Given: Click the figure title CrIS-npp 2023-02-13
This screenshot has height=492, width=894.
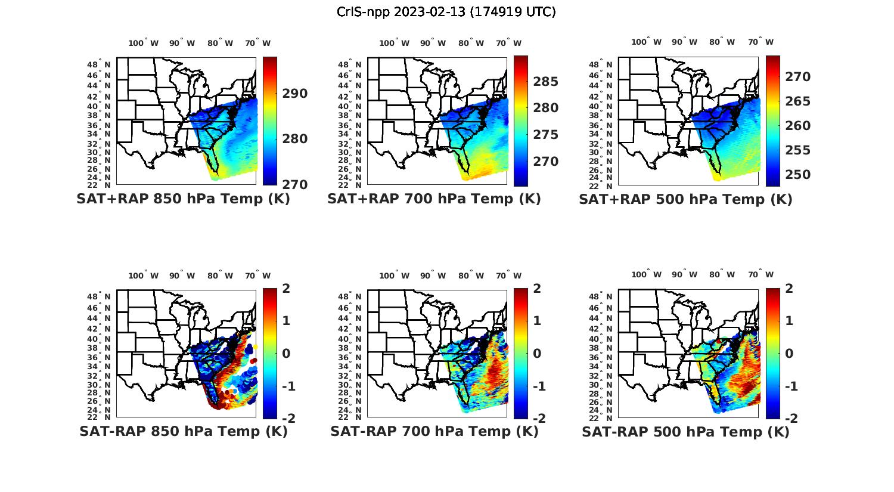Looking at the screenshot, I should pyautogui.click(x=446, y=11).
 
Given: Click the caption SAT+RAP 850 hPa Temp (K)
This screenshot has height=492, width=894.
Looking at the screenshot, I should pyautogui.click(x=183, y=199).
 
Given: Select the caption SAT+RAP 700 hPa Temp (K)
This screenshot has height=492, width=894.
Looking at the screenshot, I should pyautogui.click(x=434, y=199).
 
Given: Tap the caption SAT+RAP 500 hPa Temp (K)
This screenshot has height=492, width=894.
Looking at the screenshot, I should pyautogui.click(x=685, y=199).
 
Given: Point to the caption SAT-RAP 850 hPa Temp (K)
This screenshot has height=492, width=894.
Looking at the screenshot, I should pyautogui.click(x=183, y=431).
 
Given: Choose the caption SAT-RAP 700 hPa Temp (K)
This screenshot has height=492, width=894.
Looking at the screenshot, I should pyautogui.click(x=434, y=431).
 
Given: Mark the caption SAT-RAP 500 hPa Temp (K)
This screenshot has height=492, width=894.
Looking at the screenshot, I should pyautogui.click(x=685, y=431).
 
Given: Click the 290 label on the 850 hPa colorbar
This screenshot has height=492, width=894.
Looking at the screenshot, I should pyautogui.click(x=296, y=94).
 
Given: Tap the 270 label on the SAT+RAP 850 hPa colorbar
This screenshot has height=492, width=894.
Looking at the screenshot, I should pyautogui.click(x=296, y=185).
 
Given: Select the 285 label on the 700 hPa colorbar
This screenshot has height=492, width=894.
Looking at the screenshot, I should pyautogui.click(x=546, y=82).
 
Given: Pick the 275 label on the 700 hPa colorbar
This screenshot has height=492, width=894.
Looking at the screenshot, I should pyautogui.click(x=546, y=135).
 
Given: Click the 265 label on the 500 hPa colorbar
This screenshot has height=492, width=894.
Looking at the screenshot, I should pyautogui.click(x=797, y=101).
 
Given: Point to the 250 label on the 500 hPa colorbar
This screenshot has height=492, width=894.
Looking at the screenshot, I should pyautogui.click(x=797, y=175).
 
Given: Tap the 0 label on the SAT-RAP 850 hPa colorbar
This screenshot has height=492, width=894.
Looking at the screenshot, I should pyautogui.click(x=286, y=353).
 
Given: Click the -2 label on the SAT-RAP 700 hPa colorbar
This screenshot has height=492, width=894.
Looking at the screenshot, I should pyautogui.click(x=538, y=419).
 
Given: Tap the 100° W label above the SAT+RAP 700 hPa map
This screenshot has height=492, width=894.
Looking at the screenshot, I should pyautogui.click(x=394, y=43).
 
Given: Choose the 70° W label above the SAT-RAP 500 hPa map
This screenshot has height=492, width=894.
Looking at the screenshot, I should pyautogui.click(x=760, y=275).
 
